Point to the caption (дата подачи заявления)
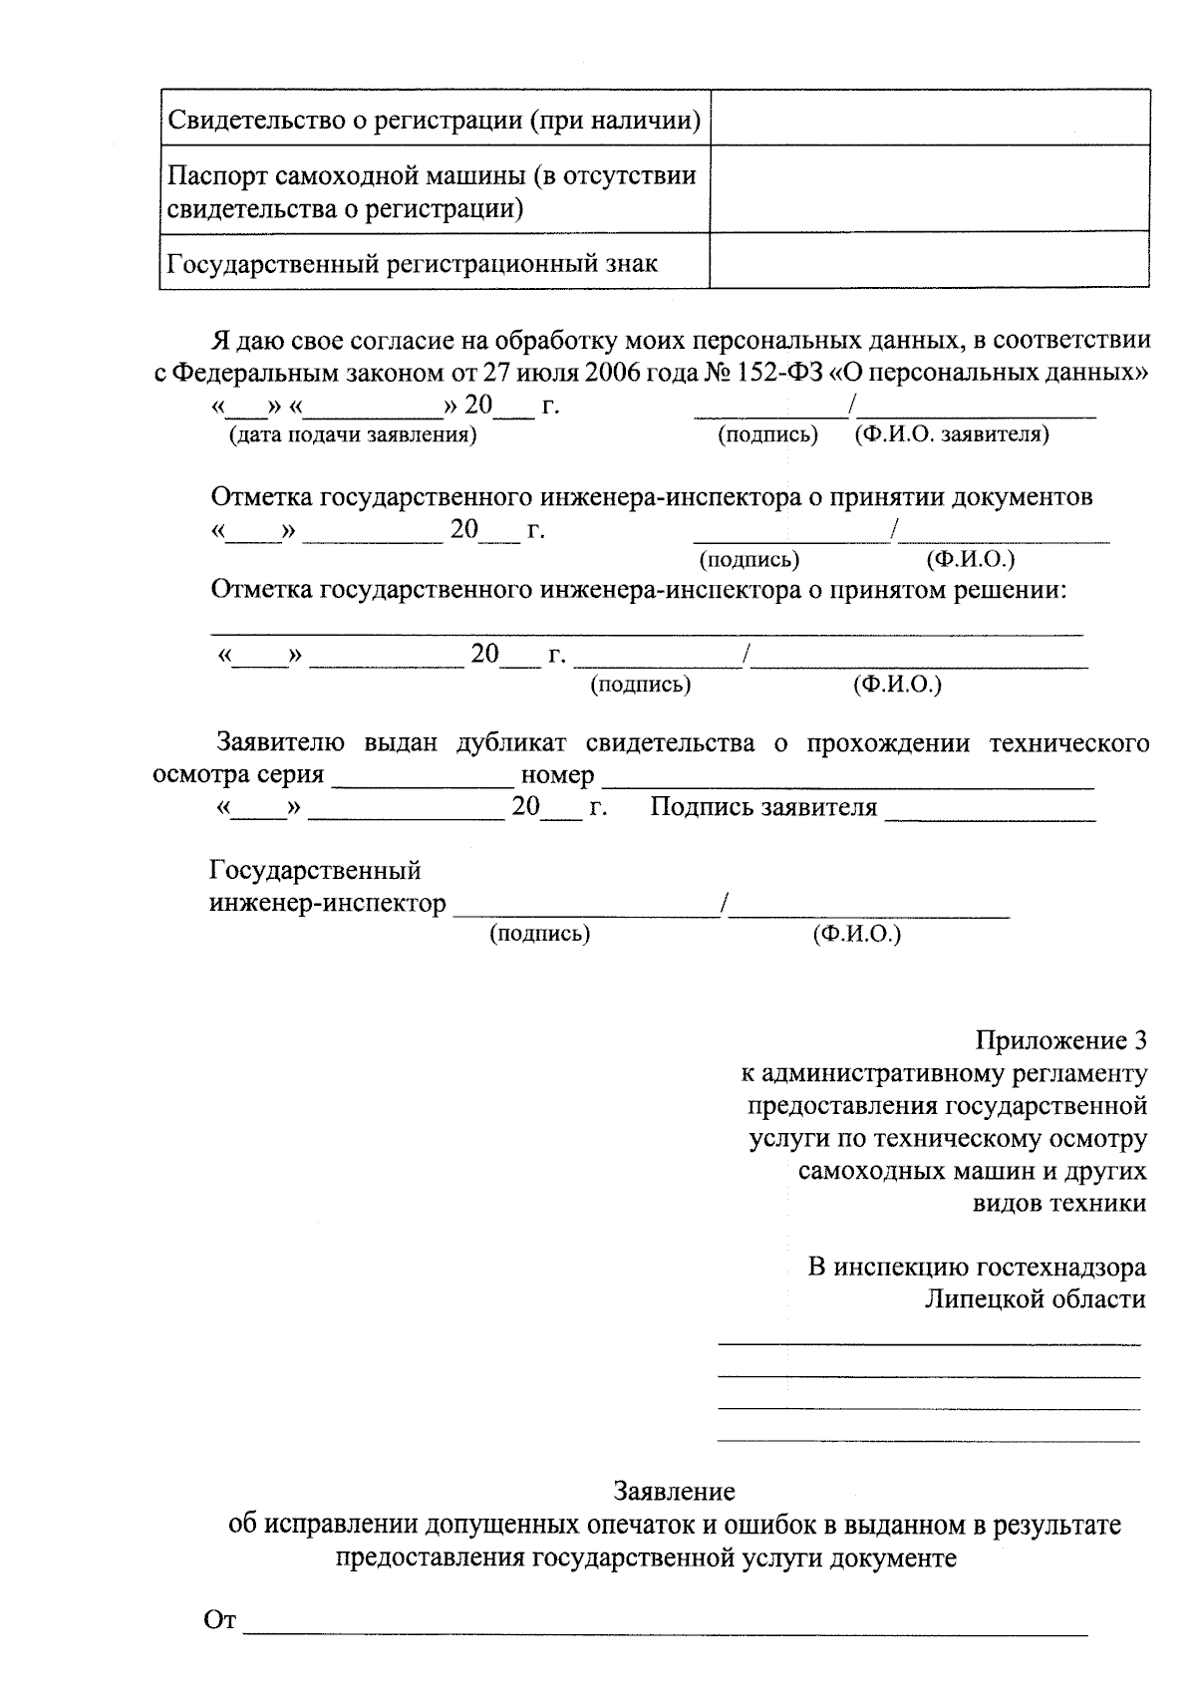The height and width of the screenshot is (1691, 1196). coord(352,435)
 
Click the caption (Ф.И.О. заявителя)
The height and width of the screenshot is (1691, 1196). coord(951,435)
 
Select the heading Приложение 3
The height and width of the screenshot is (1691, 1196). coord(1060,1040)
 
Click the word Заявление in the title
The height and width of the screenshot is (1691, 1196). coord(675,1491)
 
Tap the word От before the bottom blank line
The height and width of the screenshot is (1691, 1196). coord(219,1620)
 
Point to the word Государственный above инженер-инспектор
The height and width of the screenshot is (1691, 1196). coord(315,871)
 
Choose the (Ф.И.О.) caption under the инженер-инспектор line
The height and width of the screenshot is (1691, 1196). coord(857,935)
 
